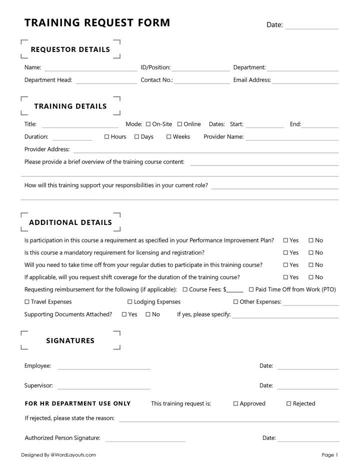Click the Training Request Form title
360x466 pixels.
[97, 22]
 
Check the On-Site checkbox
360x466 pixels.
[148, 124]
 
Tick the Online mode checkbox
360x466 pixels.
[179, 124]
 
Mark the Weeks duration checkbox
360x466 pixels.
[169, 137]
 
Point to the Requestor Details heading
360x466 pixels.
[70, 49]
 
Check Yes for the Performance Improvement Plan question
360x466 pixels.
[285, 240]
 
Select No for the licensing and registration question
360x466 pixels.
[311, 253]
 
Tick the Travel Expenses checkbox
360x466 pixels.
[27, 302]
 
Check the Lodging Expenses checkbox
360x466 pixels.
[130, 302]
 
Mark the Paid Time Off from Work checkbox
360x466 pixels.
[251, 289]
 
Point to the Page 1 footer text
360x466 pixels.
[330, 455]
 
